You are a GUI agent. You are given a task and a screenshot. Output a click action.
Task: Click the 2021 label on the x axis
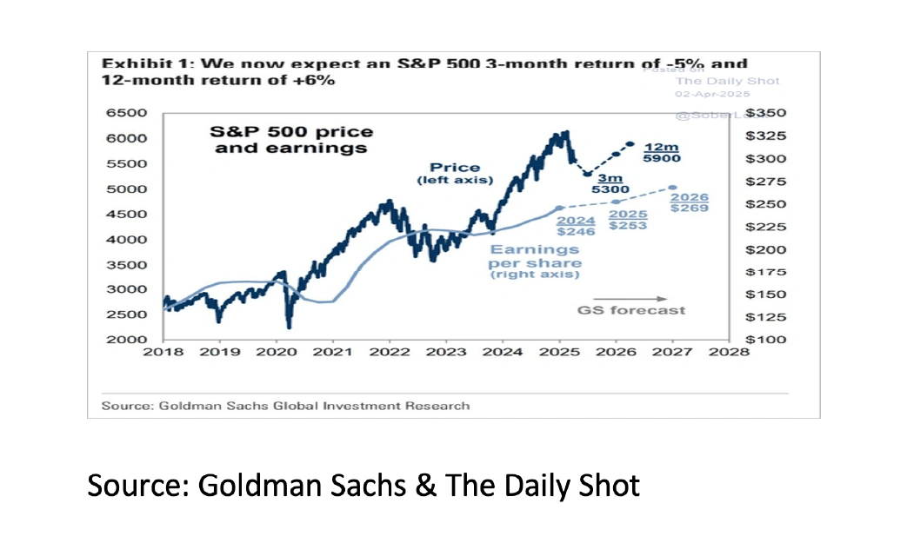332,352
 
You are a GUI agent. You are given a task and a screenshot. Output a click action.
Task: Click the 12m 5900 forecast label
662,153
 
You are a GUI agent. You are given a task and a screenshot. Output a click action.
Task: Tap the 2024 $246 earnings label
575,226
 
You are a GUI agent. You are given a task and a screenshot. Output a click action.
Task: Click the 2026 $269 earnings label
690,202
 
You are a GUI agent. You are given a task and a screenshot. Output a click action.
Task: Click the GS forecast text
631,310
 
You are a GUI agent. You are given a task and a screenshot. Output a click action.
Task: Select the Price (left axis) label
454,173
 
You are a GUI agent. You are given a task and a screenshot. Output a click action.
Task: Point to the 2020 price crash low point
289,327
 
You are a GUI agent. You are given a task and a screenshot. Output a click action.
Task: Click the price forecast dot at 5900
630,144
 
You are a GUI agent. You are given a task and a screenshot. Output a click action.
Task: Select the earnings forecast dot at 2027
673,188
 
